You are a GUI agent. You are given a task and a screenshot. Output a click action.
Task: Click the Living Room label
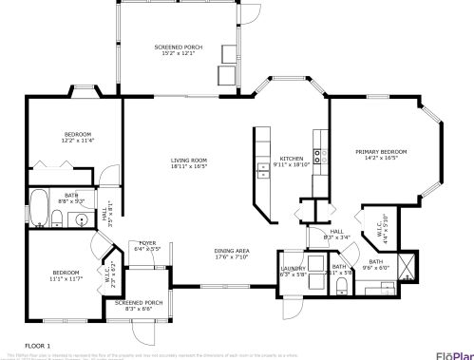(189, 163)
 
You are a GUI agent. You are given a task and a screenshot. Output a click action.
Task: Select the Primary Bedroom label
(381, 155)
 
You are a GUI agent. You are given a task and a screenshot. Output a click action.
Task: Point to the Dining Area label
(231, 254)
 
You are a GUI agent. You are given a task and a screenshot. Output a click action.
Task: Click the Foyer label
(147, 245)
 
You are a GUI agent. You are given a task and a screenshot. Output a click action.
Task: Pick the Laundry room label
(293, 271)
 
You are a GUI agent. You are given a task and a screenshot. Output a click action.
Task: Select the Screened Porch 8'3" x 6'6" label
(139, 305)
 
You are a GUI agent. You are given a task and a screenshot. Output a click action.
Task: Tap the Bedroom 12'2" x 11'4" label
(78, 137)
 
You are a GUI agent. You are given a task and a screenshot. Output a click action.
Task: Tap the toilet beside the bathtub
(56, 220)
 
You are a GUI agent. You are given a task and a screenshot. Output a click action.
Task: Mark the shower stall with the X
(408, 265)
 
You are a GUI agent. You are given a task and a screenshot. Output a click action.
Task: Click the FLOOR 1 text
(37, 345)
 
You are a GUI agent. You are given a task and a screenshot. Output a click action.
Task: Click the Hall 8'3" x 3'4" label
(337, 234)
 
